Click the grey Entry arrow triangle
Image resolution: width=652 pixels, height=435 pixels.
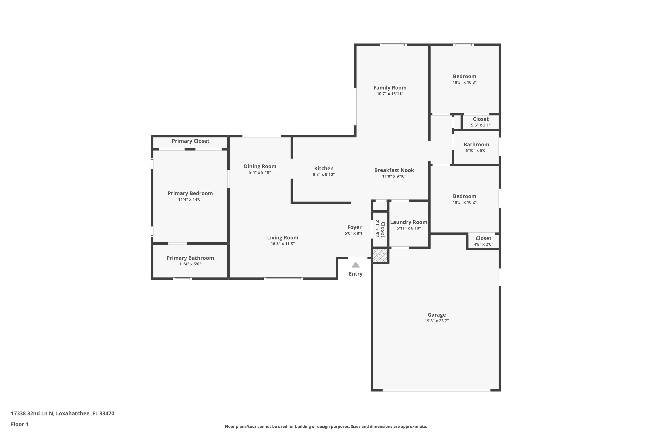tap(355, 265)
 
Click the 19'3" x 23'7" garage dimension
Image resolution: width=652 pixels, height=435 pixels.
tap(437, 321)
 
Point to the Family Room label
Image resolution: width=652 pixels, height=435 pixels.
tap(390, 88)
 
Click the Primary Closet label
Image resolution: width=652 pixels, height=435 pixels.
tap(190, 141)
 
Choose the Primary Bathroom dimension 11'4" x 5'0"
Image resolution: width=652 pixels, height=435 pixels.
tap(190, 264)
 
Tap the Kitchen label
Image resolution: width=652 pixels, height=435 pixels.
tap(324, 168)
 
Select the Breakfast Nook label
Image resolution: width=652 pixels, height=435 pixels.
tap(394, 170)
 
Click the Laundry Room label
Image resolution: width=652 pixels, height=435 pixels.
tap(409, 222)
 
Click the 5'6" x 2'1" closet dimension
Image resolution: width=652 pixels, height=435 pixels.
tap(481, 125)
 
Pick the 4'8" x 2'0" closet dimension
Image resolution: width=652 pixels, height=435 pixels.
tap(483, 244)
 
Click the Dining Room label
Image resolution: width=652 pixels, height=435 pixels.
tap(260, 166)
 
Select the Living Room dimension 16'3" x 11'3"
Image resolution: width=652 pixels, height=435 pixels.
tap(283, 244)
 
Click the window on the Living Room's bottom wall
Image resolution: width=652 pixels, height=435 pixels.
tap(283, 279)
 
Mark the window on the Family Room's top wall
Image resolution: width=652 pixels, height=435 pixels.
tap(393, 45)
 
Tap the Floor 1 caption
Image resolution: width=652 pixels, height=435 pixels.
tap(19, 424)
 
